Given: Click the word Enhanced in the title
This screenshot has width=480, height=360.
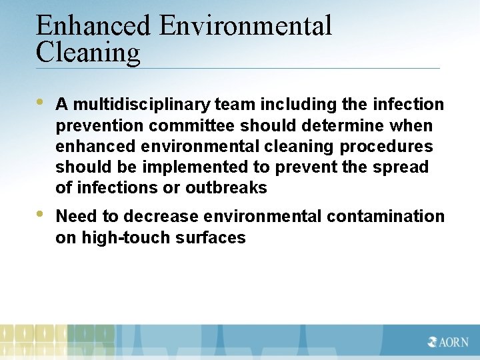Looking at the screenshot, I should coord(93,26).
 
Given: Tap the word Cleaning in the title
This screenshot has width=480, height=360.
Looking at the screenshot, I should coord(88,53).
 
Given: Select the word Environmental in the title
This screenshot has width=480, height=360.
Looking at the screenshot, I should coord(245,26).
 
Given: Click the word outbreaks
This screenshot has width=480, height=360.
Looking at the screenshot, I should coord(226,188).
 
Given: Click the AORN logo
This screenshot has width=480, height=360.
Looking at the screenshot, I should coord(448,341).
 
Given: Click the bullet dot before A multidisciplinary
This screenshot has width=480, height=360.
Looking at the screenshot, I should coord(40,103).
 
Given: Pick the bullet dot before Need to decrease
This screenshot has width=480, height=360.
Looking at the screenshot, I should coord(40,215).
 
